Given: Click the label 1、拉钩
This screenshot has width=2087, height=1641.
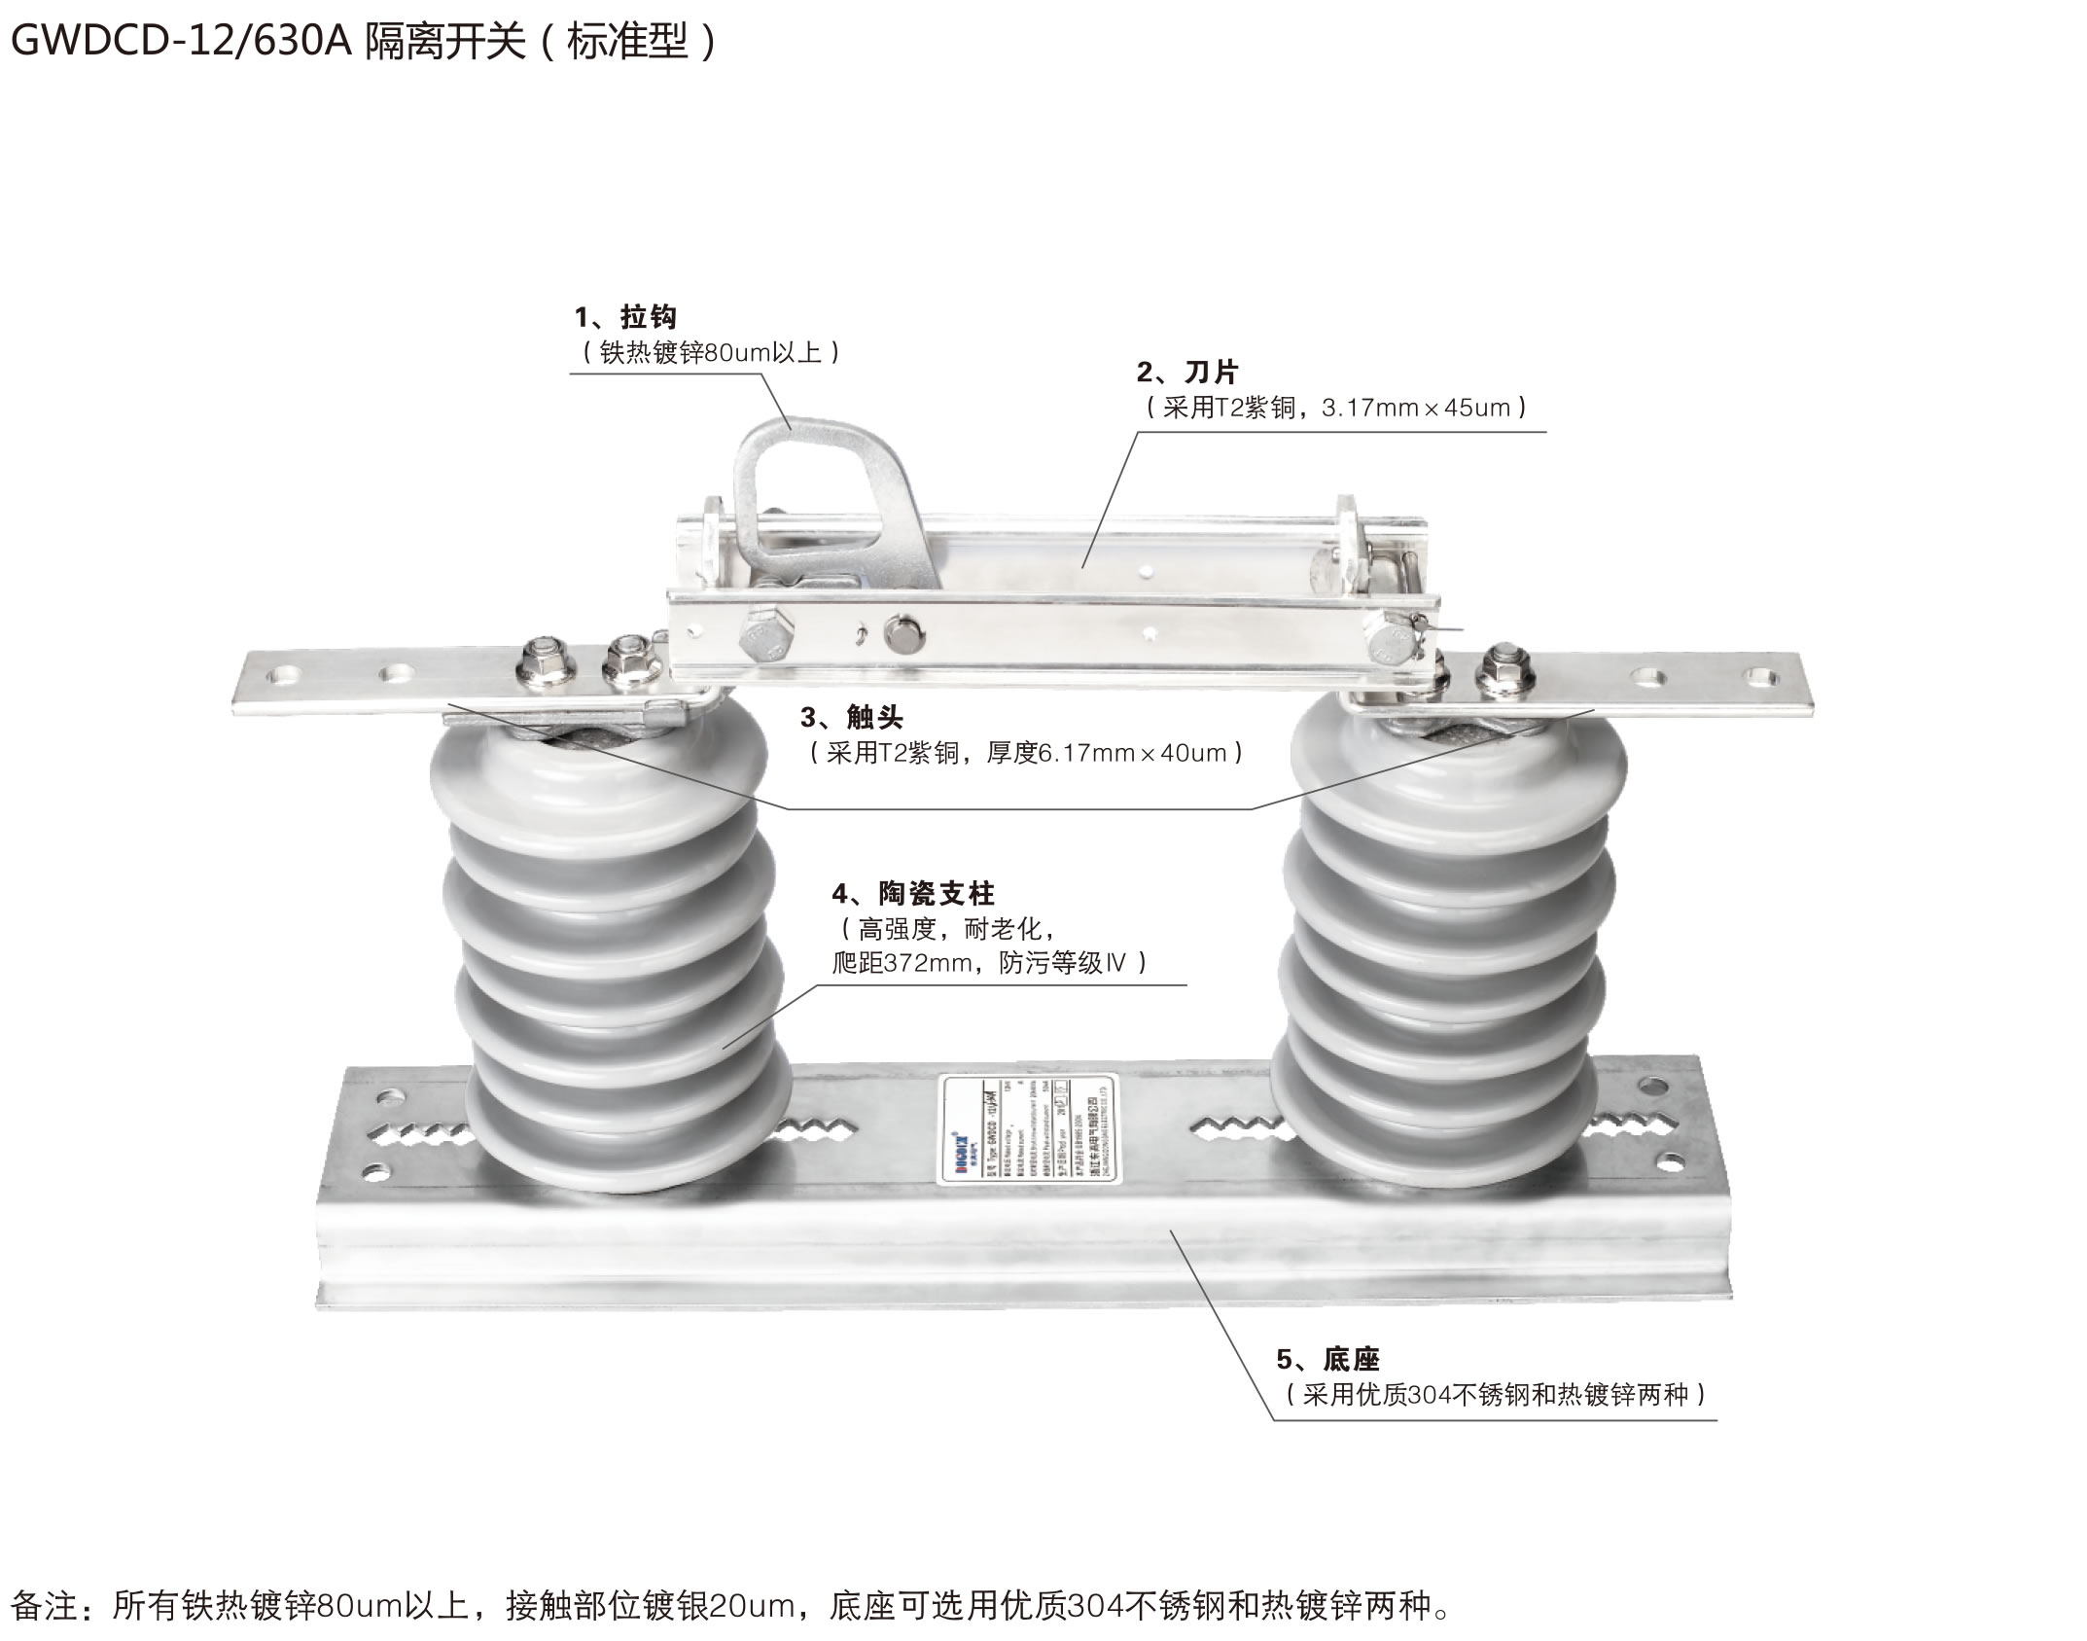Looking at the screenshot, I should [625, 317].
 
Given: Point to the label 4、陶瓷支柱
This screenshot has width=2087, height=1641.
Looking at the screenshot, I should [913, 893].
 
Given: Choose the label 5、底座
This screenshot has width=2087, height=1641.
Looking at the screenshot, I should [1327, 1359].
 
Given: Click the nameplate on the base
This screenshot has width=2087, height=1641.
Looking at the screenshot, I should [1029, 1129].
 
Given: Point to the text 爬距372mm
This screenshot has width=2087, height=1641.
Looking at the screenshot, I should [902, 963].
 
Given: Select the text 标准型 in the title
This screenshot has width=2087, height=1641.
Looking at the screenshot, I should [626, 42].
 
